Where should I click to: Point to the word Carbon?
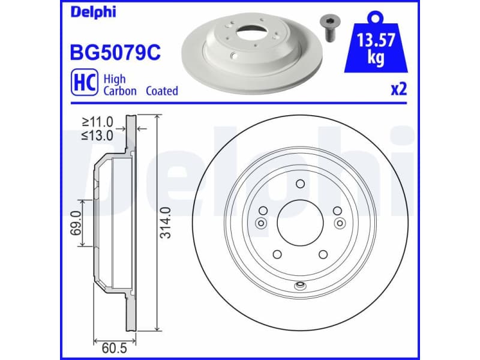120,91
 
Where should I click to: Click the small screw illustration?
329,26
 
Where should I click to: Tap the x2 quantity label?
398,89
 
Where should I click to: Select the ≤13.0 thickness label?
98,135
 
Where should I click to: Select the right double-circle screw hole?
340,223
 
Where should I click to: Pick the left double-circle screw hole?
260,223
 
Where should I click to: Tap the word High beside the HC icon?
114,79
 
